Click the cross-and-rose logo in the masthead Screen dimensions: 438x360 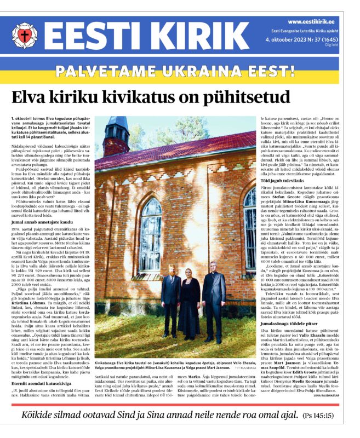tap(24, 36)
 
